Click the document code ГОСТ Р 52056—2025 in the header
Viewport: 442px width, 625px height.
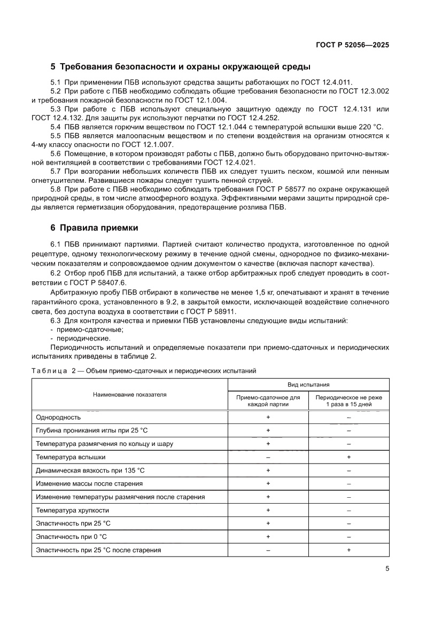pyautogui.click(x=351, y=45)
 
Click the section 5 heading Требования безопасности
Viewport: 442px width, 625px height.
pyautogui.click(x=180, y=67)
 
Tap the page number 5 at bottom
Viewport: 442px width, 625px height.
pyautogui.click(x=387, y=569)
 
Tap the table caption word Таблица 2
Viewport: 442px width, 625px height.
pyautogui.click(x=51, y=370)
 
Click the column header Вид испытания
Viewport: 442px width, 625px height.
pyautogui.click(x=309, y=384)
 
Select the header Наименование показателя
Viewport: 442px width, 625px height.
pyautogui.click(x=130, y=395)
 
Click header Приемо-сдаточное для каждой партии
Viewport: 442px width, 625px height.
pyautogui.click(x=268, y=401)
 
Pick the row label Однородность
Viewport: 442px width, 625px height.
pyautogui.click(x=58, y=417)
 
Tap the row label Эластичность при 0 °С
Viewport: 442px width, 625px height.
pyautogui.click(x=71, y=536)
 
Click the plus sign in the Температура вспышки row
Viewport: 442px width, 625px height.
pyautogui.click(x=348, y=457)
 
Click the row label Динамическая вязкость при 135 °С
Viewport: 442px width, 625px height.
pyautogui.click(x=90, y=470)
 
